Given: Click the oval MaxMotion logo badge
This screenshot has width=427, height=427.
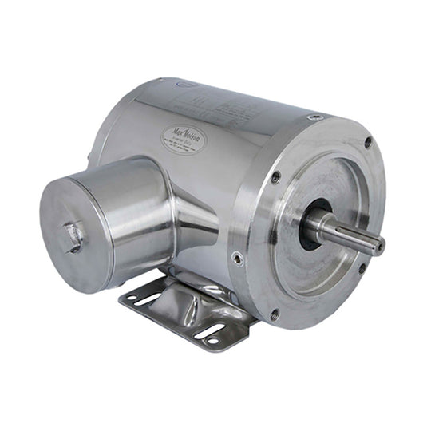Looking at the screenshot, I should (184, 139).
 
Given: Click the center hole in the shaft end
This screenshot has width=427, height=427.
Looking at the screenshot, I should (379, 246).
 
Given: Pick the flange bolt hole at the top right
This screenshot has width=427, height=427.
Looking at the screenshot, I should (367, 143).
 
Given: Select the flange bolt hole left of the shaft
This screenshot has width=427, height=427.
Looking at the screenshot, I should (275, 178).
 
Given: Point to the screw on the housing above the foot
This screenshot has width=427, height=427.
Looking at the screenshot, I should (237, 258).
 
